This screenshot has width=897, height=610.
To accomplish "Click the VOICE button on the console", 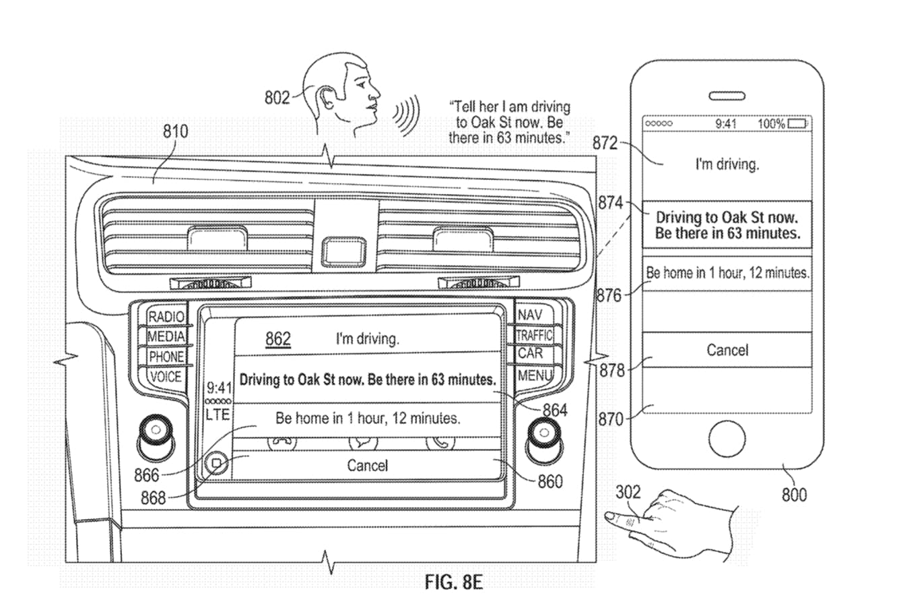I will [x=166, y=376].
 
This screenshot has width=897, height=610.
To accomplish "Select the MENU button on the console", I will [x=535, y=375].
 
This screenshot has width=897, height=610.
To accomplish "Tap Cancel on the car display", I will [x=368, y=465].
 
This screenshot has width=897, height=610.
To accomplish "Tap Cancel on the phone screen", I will [x=727, y=350].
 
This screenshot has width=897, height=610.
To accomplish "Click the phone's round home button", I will [x=727, y=438].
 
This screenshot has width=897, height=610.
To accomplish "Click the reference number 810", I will [x=176, y=131].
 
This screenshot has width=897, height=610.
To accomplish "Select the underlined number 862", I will [x=278, y=338].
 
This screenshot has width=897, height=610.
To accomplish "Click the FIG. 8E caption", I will [x=454, y=581].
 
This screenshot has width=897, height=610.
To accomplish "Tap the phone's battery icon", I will [x=798, y=124].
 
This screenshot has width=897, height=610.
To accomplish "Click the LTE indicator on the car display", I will [x=218, y=415].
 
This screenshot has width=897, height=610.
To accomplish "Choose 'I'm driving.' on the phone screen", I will [x=727, y=164].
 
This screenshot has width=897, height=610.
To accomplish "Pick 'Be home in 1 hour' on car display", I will [x=368, y=418].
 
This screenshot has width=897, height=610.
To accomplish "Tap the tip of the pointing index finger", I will [x=609, y=517].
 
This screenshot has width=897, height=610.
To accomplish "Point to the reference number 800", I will [x=794, y=495].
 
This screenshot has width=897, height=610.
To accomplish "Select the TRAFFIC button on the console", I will [x=534, y=335].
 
